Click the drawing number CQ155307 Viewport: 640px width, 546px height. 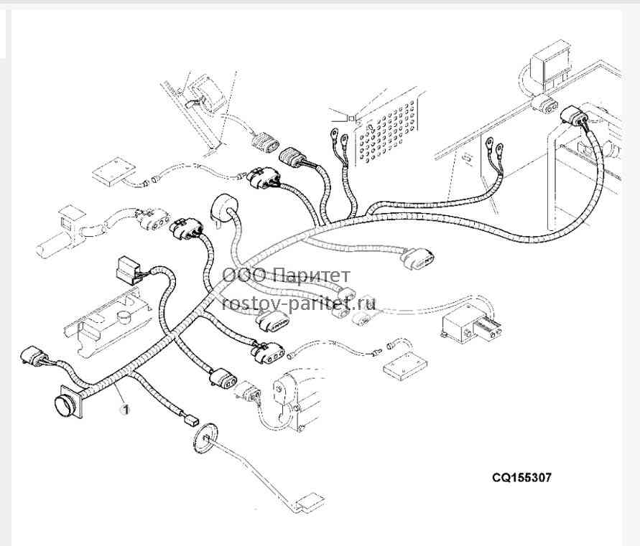[521, 477]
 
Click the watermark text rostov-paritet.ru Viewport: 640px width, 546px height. [299, 303]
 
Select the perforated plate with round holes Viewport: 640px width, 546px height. [387, 131]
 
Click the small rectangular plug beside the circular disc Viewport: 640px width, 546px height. [190, 420]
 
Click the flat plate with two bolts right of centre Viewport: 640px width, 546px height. [405, 365]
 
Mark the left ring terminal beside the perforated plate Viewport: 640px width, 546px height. [334, 133]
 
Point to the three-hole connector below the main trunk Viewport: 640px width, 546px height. [269, 352]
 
